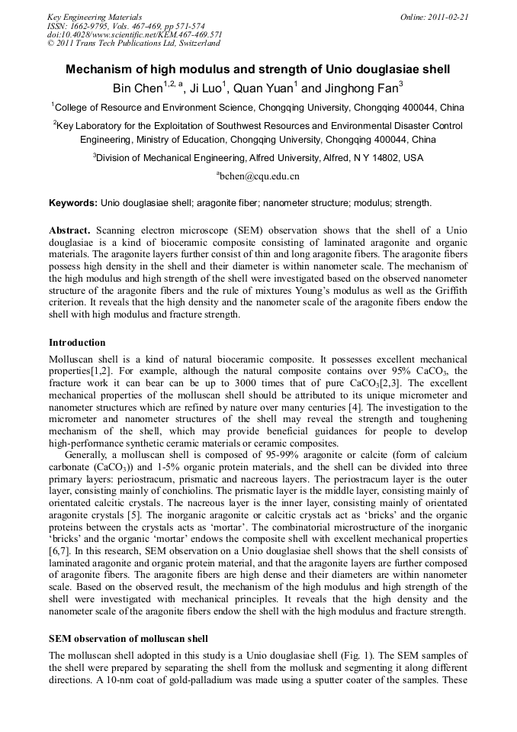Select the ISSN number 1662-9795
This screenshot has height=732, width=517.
click(95, 26)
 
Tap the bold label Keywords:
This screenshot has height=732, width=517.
click(73, 203)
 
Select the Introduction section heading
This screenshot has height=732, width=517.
click(77, 343)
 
